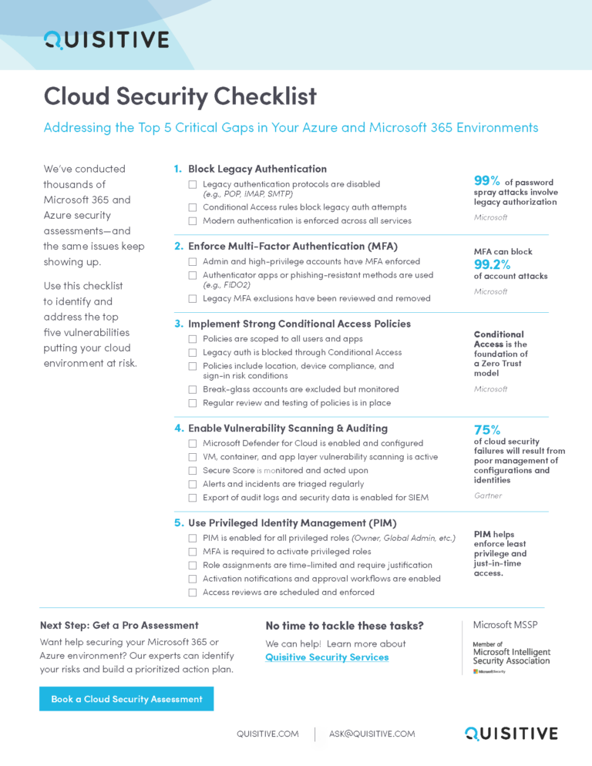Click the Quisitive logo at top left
[106, 39]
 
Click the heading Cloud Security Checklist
[180, 96]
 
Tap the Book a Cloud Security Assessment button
[126, 699]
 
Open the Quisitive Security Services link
[327, 657]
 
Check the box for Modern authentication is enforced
[193, 221]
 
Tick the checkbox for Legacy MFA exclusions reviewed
[193, 298]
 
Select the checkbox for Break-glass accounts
[193, 390]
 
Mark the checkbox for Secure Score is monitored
[193, 471]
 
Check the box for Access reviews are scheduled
[193, 593]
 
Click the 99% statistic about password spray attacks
[488, 180]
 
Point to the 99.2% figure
[492, 264]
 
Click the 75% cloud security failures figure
[487, 430]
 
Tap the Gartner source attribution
[487, 496]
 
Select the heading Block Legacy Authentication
[257, 169]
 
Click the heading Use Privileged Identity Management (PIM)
[294, 522]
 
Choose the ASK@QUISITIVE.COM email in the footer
[372, 734]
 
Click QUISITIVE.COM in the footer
[267, 734]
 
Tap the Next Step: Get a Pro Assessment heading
[119, 625]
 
